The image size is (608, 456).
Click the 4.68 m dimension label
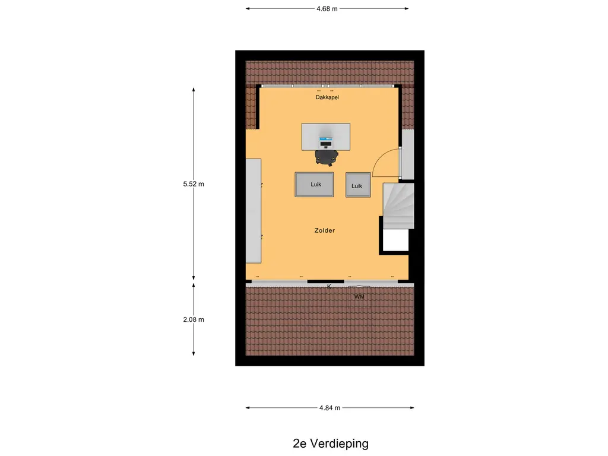[327, 8]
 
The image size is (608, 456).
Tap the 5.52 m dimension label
[194, 184]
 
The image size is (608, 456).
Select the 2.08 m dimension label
[194, 319]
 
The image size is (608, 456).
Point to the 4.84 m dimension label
[330, 407]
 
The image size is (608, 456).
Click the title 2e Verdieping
[330, 443]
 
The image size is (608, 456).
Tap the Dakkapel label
[327, 97]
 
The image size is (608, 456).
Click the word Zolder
[325, 230]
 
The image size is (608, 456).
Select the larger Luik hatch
[314, 185]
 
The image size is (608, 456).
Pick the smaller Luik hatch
[358, 185]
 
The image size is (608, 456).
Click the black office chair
[326, 157]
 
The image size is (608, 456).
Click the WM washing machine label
[359, 297]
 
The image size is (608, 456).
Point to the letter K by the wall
[329, 287]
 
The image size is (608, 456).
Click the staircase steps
[398, 206]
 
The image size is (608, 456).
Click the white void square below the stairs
[395, 240]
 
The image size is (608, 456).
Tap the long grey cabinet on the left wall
[253, 211]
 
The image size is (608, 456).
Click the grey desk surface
[326, 137]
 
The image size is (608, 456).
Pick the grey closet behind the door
[407, 154]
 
